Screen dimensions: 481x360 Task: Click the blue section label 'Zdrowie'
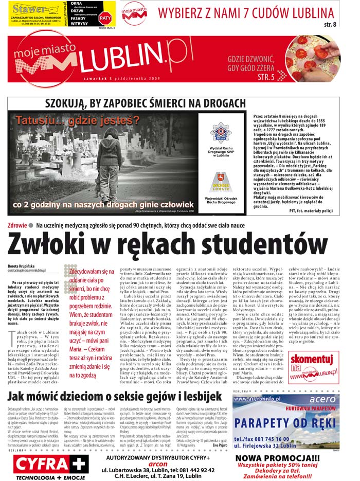click(17, 225)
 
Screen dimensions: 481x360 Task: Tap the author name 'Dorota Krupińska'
click(23, 265)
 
